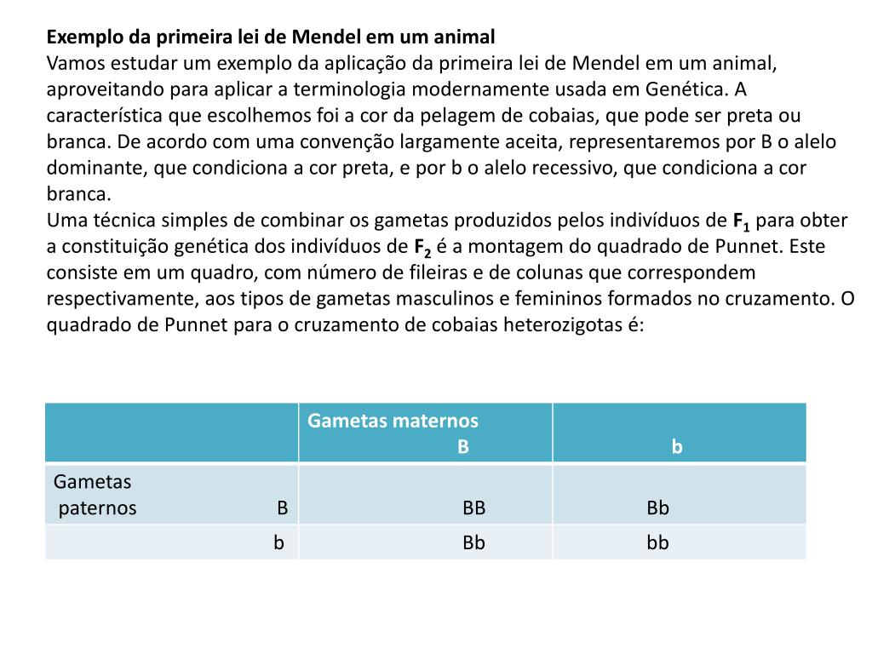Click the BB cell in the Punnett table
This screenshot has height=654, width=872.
pos(474,508)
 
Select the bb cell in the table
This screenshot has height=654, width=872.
pos(657,542)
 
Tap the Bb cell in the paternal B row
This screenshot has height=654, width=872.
pos(657,508)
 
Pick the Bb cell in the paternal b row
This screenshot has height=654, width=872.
pos(474,542)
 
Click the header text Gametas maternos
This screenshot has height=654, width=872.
pos(393,421)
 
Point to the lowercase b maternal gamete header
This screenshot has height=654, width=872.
pos(677,447)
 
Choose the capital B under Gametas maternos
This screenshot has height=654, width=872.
pos(463,447)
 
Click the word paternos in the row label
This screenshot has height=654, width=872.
pos(97,508)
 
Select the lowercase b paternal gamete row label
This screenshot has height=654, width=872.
pos(278,542)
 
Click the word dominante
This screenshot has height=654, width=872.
pos(96,168)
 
